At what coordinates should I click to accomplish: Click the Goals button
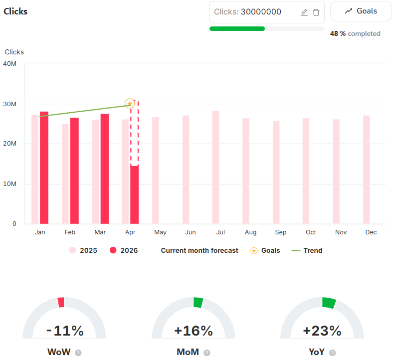(361, 11)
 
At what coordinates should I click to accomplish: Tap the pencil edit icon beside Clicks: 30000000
(304, 12)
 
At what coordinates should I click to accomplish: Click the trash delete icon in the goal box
(316, 12)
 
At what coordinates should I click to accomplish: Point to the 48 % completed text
(355, 34)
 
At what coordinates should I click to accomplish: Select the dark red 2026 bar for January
(44, 168)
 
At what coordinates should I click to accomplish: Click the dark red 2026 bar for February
(74, 171)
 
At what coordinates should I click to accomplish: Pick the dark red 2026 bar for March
(105, 169)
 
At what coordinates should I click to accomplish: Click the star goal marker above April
(130, 104)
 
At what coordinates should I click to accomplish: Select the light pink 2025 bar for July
(215, 168)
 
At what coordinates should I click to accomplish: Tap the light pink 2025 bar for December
(367, 170)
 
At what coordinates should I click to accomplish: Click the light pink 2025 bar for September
(276, 173)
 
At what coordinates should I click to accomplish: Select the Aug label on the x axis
(250, 232)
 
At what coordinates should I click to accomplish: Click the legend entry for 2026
(124, 250)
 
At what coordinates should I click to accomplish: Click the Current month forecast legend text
(199, 250)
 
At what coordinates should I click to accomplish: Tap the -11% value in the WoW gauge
(64, 331)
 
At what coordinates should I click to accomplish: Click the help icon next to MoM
(207, 353)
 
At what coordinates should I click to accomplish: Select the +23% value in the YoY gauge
(322, 331)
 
